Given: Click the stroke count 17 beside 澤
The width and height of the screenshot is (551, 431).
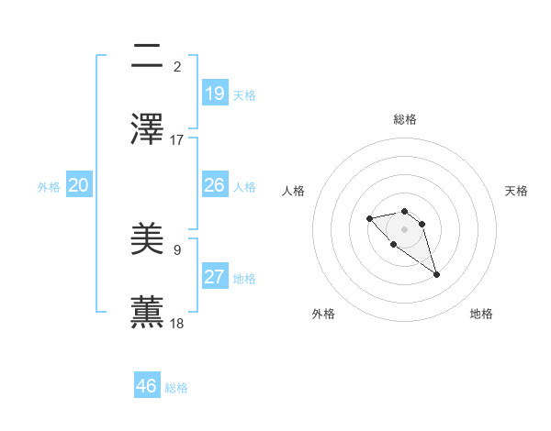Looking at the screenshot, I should pos(177,140).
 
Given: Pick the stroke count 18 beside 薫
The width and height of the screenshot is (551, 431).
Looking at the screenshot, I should pos(177,323).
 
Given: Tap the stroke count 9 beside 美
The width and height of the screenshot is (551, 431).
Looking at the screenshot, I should pos(177,249).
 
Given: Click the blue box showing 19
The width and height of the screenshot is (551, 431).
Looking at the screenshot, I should pos(215,93).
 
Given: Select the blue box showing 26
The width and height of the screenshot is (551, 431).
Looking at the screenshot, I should pos(215,185).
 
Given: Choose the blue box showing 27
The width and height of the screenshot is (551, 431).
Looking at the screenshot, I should pos(215,277).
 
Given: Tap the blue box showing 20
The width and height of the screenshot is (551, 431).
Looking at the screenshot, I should pos(79,185).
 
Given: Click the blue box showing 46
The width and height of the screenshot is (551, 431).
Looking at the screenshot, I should pos(147,386).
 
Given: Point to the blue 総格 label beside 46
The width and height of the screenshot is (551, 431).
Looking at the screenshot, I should pos(176,388).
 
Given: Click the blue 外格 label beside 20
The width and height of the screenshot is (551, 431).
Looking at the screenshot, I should pos(49,187).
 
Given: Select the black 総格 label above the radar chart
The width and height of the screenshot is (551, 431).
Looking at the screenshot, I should pos(405,119).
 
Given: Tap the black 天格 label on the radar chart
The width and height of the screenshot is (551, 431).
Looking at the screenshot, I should pos(516,191).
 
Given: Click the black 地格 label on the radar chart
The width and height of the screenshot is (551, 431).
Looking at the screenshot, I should pos(481,314).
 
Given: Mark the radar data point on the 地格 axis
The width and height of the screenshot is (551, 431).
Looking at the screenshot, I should pos(436,274).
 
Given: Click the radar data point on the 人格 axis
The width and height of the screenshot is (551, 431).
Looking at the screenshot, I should pos(369,218).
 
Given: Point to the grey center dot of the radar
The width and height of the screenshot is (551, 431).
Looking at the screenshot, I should pos(404,229).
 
